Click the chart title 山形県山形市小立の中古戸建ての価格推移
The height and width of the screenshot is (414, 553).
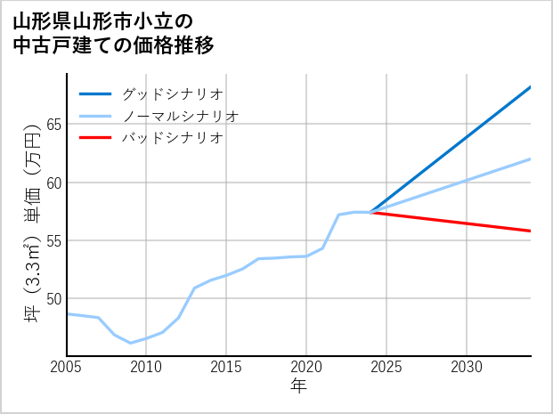(x=113, y=32)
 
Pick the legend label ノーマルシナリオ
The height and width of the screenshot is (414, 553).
(x=180, y=116)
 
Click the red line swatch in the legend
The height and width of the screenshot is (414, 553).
(x=95, y=138)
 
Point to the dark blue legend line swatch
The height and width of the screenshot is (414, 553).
(x=95, y=93)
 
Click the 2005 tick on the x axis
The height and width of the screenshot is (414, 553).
(x=67, y=367)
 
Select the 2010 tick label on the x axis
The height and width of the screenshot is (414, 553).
(x=146, y=367)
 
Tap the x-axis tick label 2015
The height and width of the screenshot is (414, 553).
(x=226, y=367)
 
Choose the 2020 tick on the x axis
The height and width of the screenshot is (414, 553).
(x=306, y=367)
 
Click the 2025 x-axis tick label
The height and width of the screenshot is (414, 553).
(x=386, y=367)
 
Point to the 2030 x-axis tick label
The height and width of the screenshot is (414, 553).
(x=467, y=367)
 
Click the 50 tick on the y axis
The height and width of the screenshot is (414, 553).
(x=53, y=298)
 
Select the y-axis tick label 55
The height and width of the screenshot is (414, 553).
(x=53, y=240)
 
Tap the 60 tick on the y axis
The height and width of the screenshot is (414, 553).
(x=53, y=183)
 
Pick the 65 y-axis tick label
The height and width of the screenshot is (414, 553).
(x=53, y=125)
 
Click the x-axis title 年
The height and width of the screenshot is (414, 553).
(x=299, y=386)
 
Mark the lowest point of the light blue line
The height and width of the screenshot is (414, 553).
(x=130, y=343)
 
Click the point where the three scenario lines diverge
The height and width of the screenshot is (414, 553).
(x=370, y=212)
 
